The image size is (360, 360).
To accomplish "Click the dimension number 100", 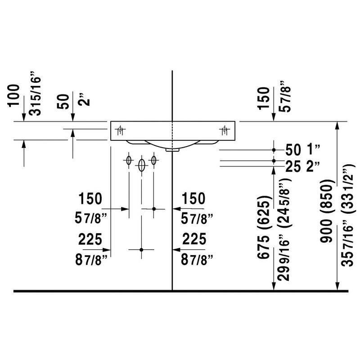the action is (14, 95).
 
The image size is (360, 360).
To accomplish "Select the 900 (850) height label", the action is (326, 211).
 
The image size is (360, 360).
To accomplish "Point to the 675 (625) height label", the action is (263, 227).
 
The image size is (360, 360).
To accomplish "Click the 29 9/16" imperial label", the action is (283, 260).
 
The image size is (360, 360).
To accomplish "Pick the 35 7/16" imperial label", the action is (347, 246).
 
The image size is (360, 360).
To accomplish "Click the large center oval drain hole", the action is (142, 165).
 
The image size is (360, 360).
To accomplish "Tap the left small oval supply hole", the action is (129, 160).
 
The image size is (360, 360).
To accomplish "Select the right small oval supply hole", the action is (153, 160).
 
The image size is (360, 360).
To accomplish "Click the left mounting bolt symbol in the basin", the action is (120, 130).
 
